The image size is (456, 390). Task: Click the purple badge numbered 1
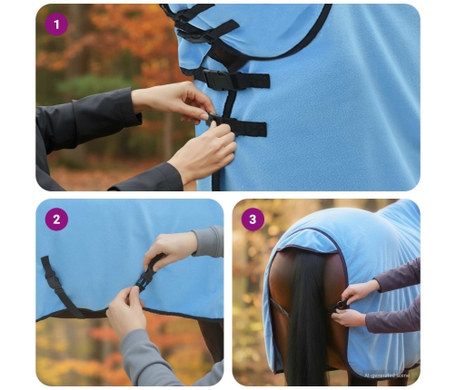[x=56, y=24]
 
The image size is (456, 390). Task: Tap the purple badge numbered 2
[x=56, y=219]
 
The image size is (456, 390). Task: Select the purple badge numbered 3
[x=253, y=219]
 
